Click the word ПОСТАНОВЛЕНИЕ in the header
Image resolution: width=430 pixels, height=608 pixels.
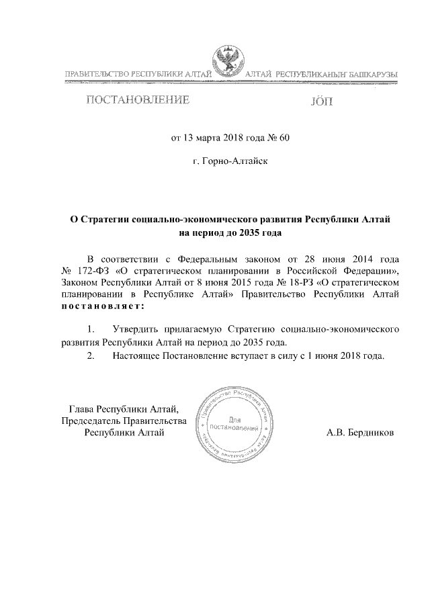[136, 101]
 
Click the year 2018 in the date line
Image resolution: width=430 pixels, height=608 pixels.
[230, 139]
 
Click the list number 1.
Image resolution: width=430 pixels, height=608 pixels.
[90, 330]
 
